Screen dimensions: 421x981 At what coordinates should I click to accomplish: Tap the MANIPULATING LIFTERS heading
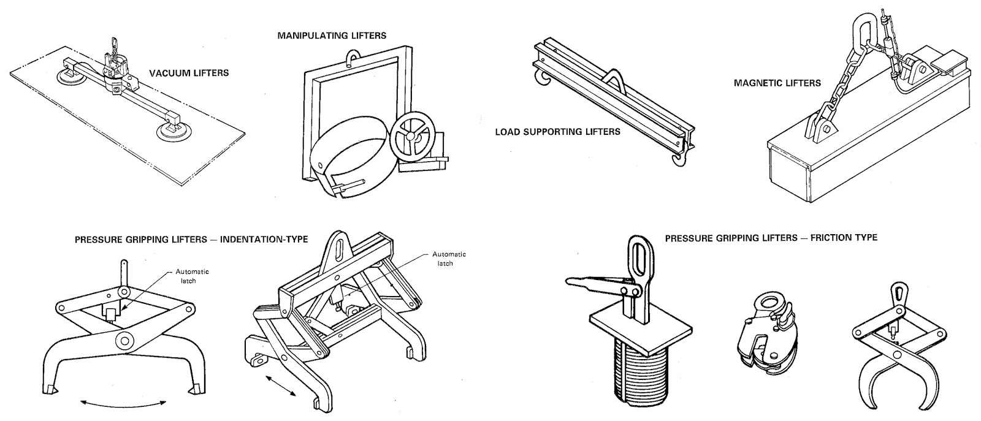tap(332, 36)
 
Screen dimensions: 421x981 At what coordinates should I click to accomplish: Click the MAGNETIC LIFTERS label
tap(777, 83)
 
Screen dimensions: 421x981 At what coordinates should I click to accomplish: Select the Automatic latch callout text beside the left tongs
tap(192, 276)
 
